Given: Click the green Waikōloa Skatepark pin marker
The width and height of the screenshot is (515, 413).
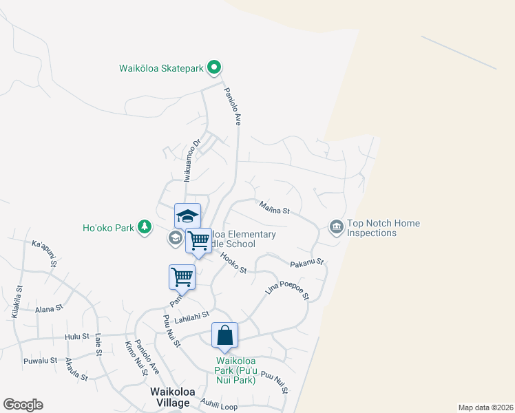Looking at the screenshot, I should click(214, 67).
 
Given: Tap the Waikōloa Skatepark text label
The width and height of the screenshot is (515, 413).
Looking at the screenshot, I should click(162, 67).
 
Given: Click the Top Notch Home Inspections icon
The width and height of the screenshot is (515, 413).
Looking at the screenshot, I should click(336, 226).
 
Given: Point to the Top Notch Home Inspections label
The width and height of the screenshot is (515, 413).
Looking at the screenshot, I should click(383, 228).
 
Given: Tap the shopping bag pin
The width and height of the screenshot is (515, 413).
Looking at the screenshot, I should click(225, 337).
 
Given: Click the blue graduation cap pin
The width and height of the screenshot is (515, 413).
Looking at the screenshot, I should click(187, 216).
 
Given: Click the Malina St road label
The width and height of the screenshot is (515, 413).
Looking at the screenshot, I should click(275, 206).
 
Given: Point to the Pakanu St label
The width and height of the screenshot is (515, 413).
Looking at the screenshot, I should click(306, 263).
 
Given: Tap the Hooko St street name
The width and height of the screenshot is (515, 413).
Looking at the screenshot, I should click(233, 262).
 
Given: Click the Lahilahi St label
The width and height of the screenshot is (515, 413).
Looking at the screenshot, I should click(191, 314).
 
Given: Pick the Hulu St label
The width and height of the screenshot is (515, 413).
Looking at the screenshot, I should click(77, 337).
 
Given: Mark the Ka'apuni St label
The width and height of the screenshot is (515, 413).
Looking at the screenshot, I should click(45, 252).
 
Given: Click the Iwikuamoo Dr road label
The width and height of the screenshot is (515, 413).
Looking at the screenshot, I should click(191, 161).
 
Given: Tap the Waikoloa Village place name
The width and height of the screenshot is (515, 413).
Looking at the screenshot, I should click(170, 397).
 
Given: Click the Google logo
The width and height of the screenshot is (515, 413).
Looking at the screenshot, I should click(23, 405).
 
